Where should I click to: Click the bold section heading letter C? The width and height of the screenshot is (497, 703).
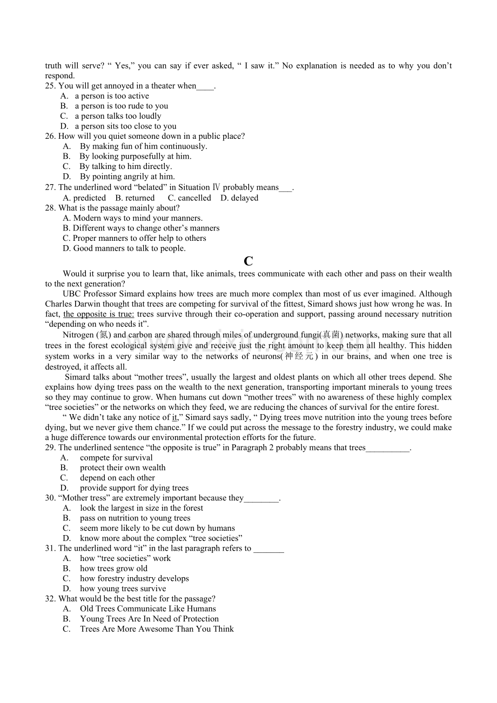tap(249, 261)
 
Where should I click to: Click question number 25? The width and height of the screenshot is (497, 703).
tap(50, 86)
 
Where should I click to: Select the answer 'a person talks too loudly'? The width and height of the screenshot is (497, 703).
tap(118, 116)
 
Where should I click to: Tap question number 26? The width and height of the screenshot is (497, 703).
tap(50, 136)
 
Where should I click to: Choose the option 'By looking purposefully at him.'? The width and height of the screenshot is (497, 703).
tap(135, 157)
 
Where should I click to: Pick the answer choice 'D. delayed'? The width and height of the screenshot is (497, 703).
tap(239, 198)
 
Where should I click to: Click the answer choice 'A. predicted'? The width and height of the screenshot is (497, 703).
tap(84, 198)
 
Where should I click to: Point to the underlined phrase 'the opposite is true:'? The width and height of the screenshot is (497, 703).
tap(99, 314)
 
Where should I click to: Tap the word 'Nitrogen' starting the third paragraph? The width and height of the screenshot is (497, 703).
tap(78, 335)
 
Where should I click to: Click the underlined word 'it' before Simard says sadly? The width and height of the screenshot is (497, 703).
tap(174, 417)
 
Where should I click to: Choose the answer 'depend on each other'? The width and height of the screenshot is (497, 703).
tap(117, 478)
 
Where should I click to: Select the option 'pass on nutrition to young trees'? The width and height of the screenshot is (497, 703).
tap(135, 518)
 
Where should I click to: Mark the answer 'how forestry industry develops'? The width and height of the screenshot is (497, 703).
tap(135, 579)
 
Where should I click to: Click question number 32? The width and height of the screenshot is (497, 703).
tap(50, 599)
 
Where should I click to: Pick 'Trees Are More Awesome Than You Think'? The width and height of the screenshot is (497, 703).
tap(157, 629)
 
